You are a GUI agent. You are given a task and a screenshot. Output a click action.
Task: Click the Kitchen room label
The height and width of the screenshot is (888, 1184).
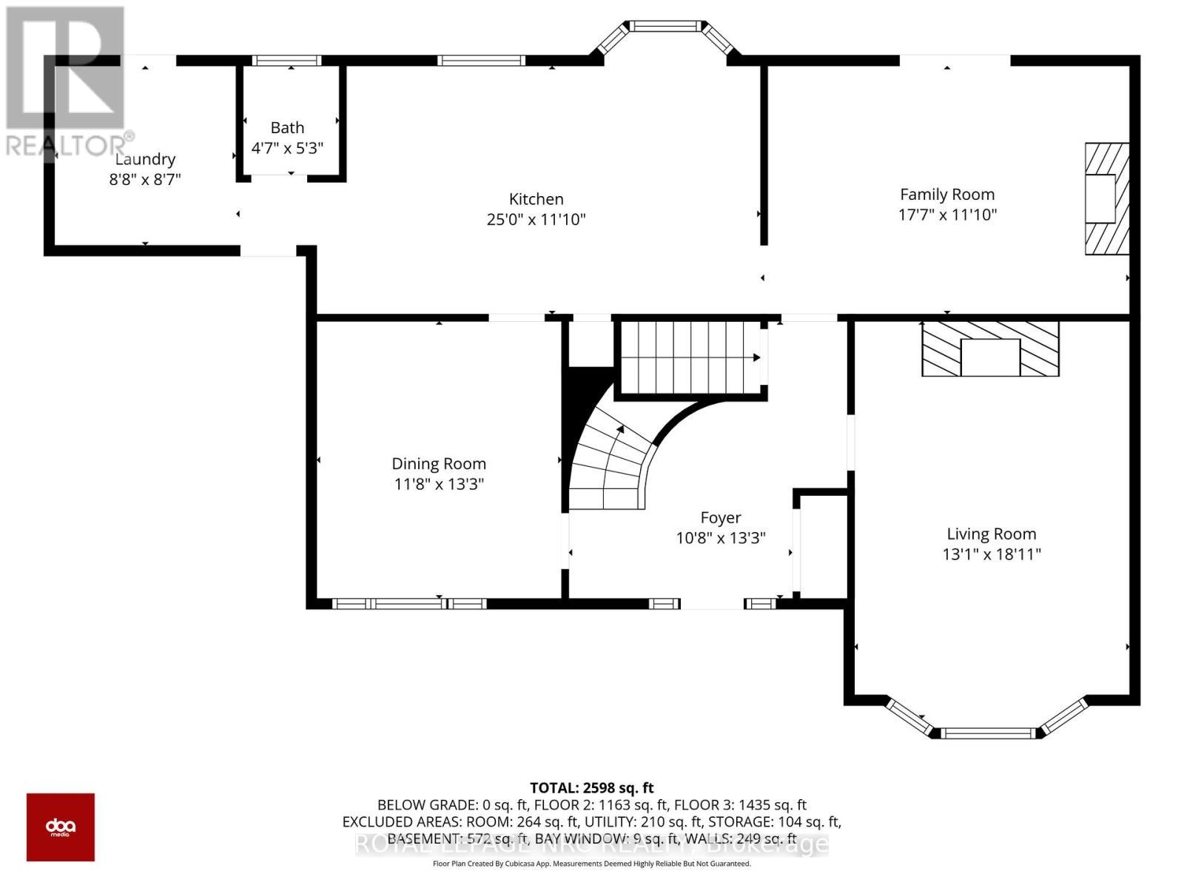536,199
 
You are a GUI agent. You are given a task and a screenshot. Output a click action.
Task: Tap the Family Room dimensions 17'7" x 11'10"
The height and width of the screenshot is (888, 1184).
947,215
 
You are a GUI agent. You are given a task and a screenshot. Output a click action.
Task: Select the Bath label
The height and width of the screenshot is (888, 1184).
287,127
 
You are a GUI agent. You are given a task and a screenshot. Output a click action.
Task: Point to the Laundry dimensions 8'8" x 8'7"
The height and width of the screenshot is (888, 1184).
145,179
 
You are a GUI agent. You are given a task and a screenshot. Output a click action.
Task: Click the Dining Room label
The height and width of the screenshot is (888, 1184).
439,464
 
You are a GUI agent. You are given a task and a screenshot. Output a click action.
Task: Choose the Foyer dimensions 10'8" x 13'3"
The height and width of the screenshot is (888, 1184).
720,538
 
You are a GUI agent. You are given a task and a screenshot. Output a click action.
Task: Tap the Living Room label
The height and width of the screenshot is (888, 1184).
991,534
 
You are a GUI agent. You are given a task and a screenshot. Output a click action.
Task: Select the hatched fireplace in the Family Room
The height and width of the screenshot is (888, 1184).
1107,198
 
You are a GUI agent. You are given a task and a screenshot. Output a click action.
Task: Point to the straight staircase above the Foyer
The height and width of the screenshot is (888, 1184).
688,357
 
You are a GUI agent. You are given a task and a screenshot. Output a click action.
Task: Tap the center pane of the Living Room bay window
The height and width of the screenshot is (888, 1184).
986,733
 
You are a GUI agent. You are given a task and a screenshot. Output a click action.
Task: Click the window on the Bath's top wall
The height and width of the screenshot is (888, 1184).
286,61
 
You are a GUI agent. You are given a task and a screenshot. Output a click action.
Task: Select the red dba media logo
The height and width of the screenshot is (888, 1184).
61,827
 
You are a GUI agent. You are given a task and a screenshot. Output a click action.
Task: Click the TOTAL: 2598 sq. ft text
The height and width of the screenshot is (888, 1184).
591,788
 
